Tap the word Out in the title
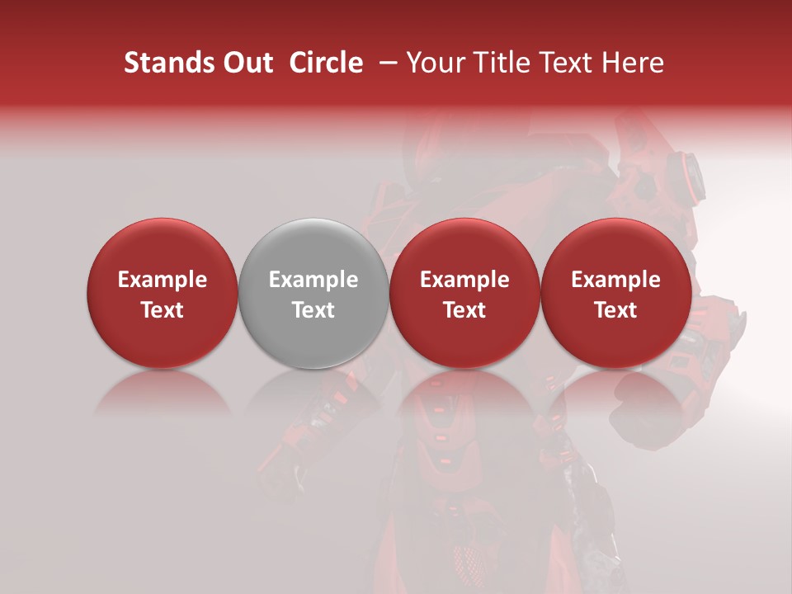tap(247, 63)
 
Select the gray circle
tap(313, 293)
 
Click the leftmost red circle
tap(162, 293)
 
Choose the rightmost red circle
tap(615, 293)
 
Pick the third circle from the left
tap(464, 293)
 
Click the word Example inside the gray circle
tap(313, 280)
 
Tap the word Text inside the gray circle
tap(313, 310)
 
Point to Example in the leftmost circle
tap(163, 280)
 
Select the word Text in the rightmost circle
tap(615, 310)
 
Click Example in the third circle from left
tap(464, 280)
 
